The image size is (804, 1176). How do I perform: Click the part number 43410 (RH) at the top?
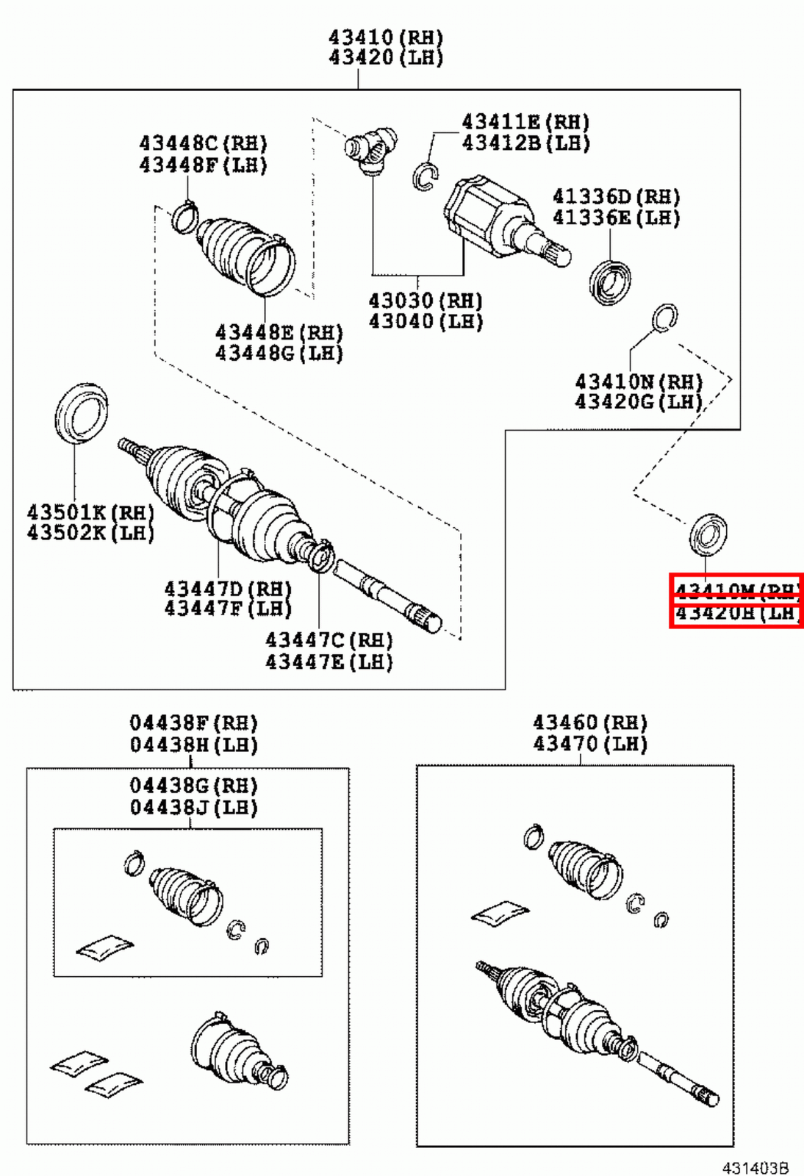click(x=385, y=37)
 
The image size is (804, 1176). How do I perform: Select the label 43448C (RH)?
click(x=203, y=143)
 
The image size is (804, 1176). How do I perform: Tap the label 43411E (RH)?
click(x=525, y=121)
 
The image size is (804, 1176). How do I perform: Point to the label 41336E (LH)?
click(x=616, y=218)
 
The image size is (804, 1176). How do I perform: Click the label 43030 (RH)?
click(x=425, y=301)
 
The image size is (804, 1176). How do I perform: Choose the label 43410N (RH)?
click(x=639, y=381)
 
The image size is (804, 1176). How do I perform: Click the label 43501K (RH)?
click(x=90, y=512)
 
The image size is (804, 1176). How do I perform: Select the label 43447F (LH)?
click(x=227, y=609)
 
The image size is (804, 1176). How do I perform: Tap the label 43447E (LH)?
click(x=329, y=661)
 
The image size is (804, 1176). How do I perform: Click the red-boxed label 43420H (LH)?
click(x=736, y=614)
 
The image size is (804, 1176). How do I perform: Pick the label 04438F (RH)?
click(x=193, y=723)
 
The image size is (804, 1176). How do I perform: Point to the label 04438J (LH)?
click(x=193, y=808)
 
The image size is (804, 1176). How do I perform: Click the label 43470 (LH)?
click(x=589, y=744)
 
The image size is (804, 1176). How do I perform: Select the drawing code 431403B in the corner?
click(x=755, y=1167)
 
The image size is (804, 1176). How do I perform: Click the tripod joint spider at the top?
click(x=372, y=149)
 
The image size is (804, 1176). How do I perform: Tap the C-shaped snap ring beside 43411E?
click(x=425, y=176)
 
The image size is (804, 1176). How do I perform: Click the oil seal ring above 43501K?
click(x=81, y=413)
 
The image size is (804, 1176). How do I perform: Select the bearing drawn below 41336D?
click(x=610, y=282)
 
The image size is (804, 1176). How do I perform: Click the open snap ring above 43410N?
click(x=664, y=317)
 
